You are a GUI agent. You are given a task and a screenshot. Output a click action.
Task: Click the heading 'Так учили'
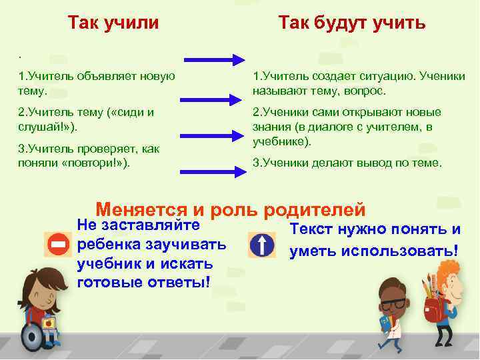coord(113,23)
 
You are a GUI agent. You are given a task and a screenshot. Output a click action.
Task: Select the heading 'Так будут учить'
coord(351,23)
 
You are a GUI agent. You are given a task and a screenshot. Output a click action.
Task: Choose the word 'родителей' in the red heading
coord(315,209)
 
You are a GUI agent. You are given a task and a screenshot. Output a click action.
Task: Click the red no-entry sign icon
coord(57,245)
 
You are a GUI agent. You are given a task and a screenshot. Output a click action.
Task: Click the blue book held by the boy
coord(385,324)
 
